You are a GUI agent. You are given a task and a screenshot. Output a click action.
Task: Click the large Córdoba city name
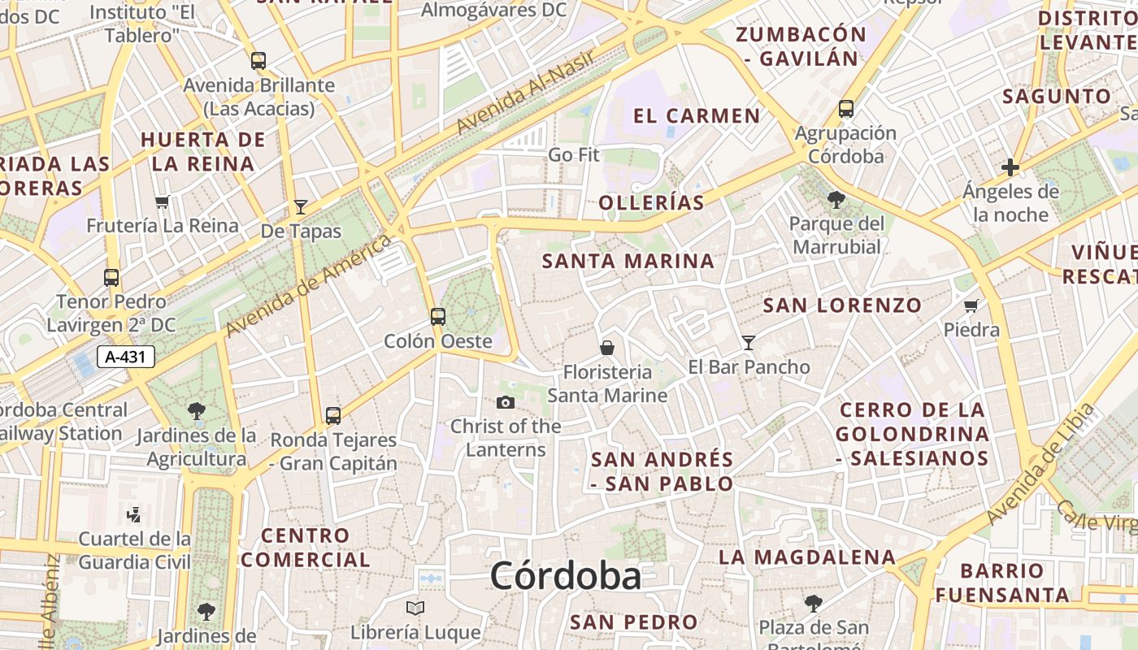coord(565,576)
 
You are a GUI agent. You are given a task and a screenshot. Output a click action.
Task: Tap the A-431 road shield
coord(126,356)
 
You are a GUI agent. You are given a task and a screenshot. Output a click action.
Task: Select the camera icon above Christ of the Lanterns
coord(506,402)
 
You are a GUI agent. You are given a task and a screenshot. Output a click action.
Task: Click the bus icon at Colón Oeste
coord(438,316)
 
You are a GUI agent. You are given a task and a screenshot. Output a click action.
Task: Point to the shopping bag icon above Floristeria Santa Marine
coord(607,348)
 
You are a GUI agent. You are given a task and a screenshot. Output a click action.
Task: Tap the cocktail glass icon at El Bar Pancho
coord(749,343)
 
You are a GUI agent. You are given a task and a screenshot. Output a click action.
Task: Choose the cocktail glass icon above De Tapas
coord(301,207)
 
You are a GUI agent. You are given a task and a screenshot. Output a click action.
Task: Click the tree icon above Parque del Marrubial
coord(836,199)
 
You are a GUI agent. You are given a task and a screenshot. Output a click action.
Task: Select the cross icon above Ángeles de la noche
coord(1010,168)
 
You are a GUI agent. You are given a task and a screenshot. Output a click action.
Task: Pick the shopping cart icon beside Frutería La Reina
coord(163,201)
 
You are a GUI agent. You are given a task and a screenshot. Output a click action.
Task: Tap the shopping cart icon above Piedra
coord(971,306)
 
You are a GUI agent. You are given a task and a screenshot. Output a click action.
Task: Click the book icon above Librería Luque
coord(415,608)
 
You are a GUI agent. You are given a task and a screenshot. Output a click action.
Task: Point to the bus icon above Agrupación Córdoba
coord(846,108)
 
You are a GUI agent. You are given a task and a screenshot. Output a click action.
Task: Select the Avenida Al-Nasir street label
coord(527,92)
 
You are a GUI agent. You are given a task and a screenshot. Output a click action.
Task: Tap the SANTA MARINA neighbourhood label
coord(628,262)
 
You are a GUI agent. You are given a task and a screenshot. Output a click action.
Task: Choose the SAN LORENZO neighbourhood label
coord(842,305)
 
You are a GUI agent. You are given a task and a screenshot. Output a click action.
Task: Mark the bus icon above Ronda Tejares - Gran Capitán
coord(333,416)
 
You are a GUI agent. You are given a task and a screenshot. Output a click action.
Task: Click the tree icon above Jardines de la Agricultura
coord(197,411)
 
